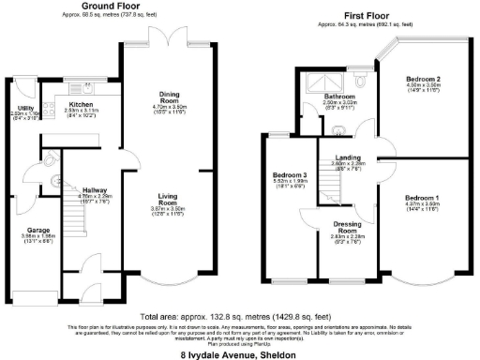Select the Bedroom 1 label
tap(421, 198)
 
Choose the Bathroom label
tap(339, 96)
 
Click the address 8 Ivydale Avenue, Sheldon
tap(240, 354)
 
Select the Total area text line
tap(240, 317)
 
